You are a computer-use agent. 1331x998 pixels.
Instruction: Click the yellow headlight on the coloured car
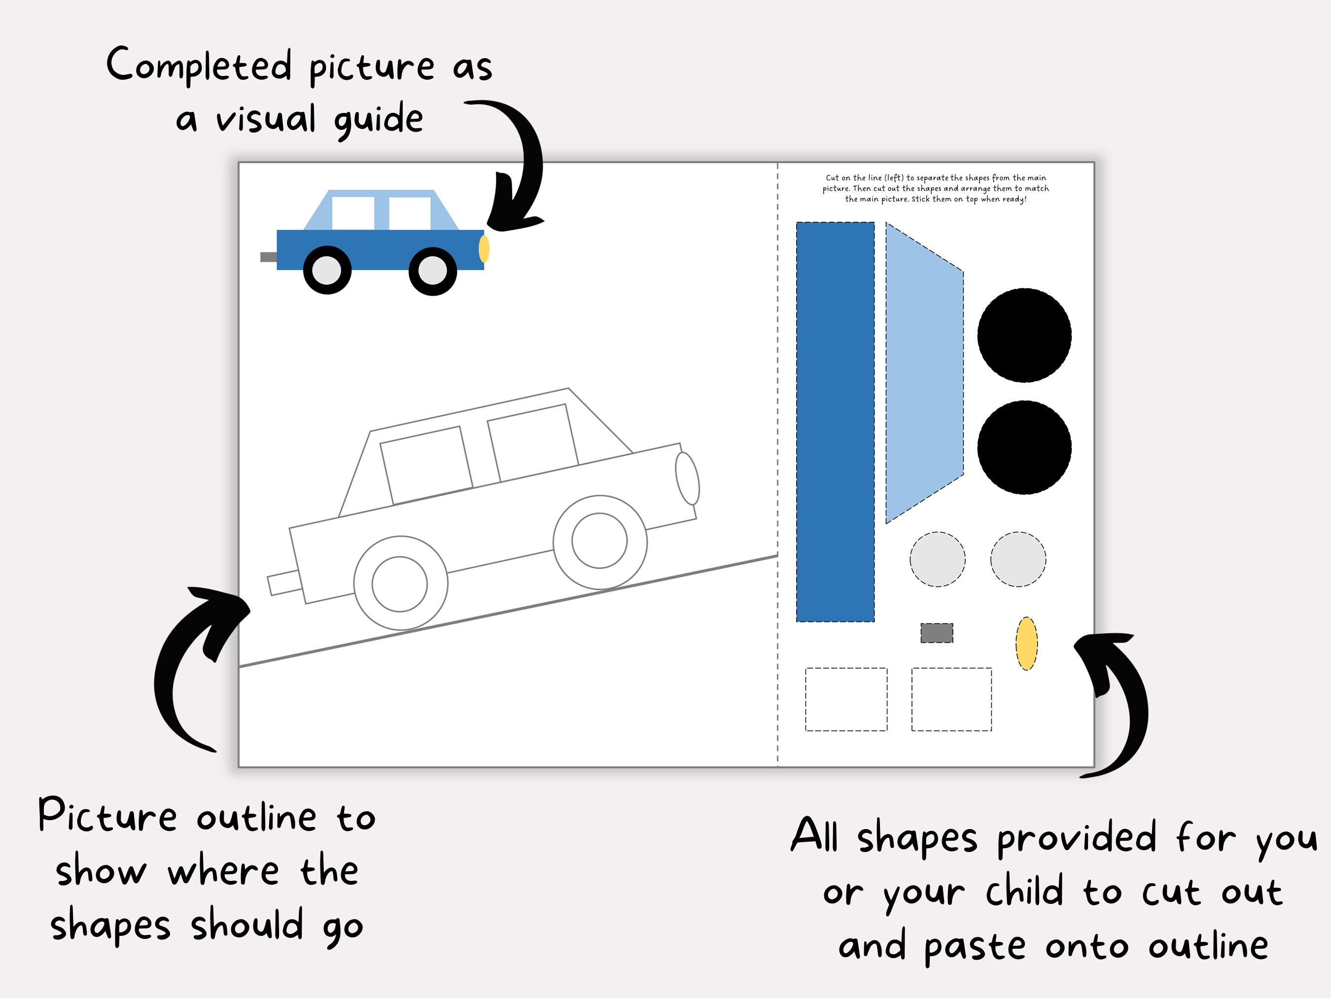coord(484,248)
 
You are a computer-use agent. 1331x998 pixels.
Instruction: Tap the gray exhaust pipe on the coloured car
coord(268,257)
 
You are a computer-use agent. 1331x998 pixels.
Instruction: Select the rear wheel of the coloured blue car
coord(327,270)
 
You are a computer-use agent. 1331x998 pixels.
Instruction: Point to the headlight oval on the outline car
coord(687,478)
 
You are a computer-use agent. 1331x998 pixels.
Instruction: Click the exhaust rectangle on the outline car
coord(284,583)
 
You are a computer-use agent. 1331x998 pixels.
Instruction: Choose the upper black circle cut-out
coord(1024,335)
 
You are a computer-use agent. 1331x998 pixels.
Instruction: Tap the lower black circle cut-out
coord(1024,447)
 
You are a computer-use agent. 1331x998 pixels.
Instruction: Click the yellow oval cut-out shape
coord(1026,643)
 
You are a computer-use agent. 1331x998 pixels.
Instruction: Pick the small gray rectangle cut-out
coord(937,633)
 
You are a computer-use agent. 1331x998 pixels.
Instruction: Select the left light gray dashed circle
coord(938,559)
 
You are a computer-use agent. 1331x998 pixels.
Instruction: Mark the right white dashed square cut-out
coord(951,699)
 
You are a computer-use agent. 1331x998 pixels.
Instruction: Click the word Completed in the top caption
coord(199,65)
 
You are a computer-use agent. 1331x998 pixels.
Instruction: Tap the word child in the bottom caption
coord(1024,892)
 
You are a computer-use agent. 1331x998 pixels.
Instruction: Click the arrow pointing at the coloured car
coord(518,169)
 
